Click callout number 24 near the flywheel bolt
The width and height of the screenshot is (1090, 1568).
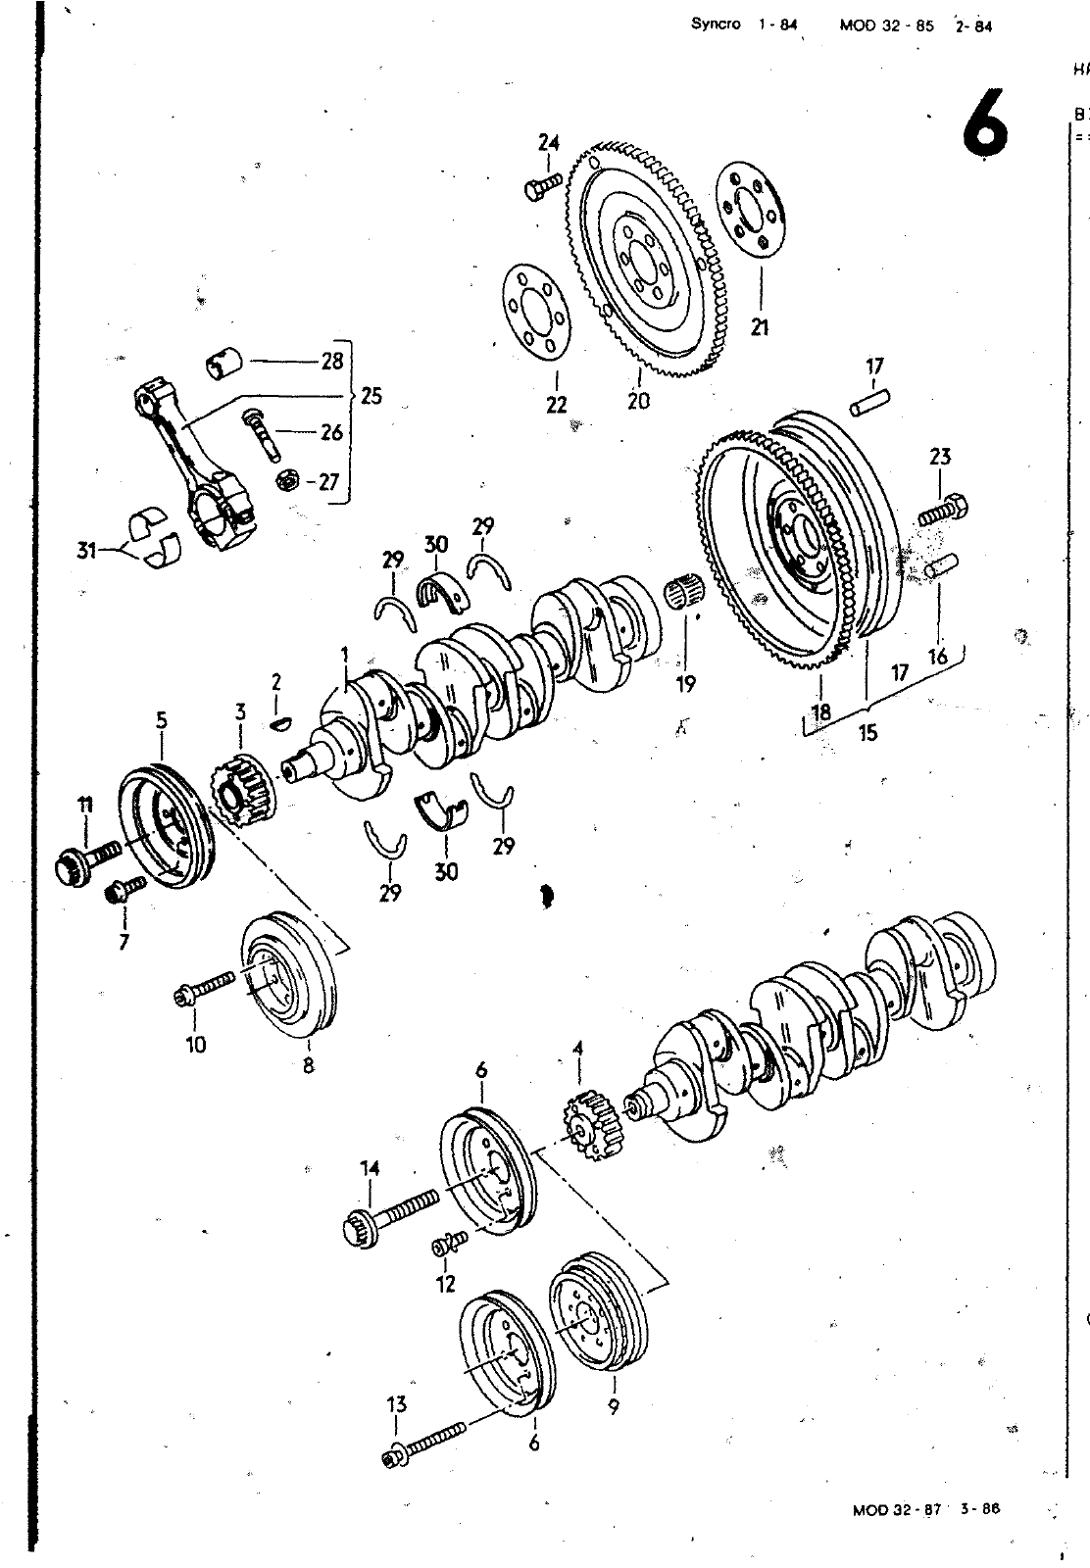(548, 143)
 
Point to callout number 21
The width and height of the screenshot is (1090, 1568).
(760, 328)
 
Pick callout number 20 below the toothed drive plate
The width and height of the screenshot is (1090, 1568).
(638, 400)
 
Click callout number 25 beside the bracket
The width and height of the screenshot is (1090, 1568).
(371, 396)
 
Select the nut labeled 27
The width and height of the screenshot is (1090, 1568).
(288, 480)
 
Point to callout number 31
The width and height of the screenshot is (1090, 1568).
(88, 551)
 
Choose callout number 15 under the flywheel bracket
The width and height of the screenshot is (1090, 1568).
(867, 731)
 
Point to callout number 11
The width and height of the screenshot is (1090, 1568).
(85, 806)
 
